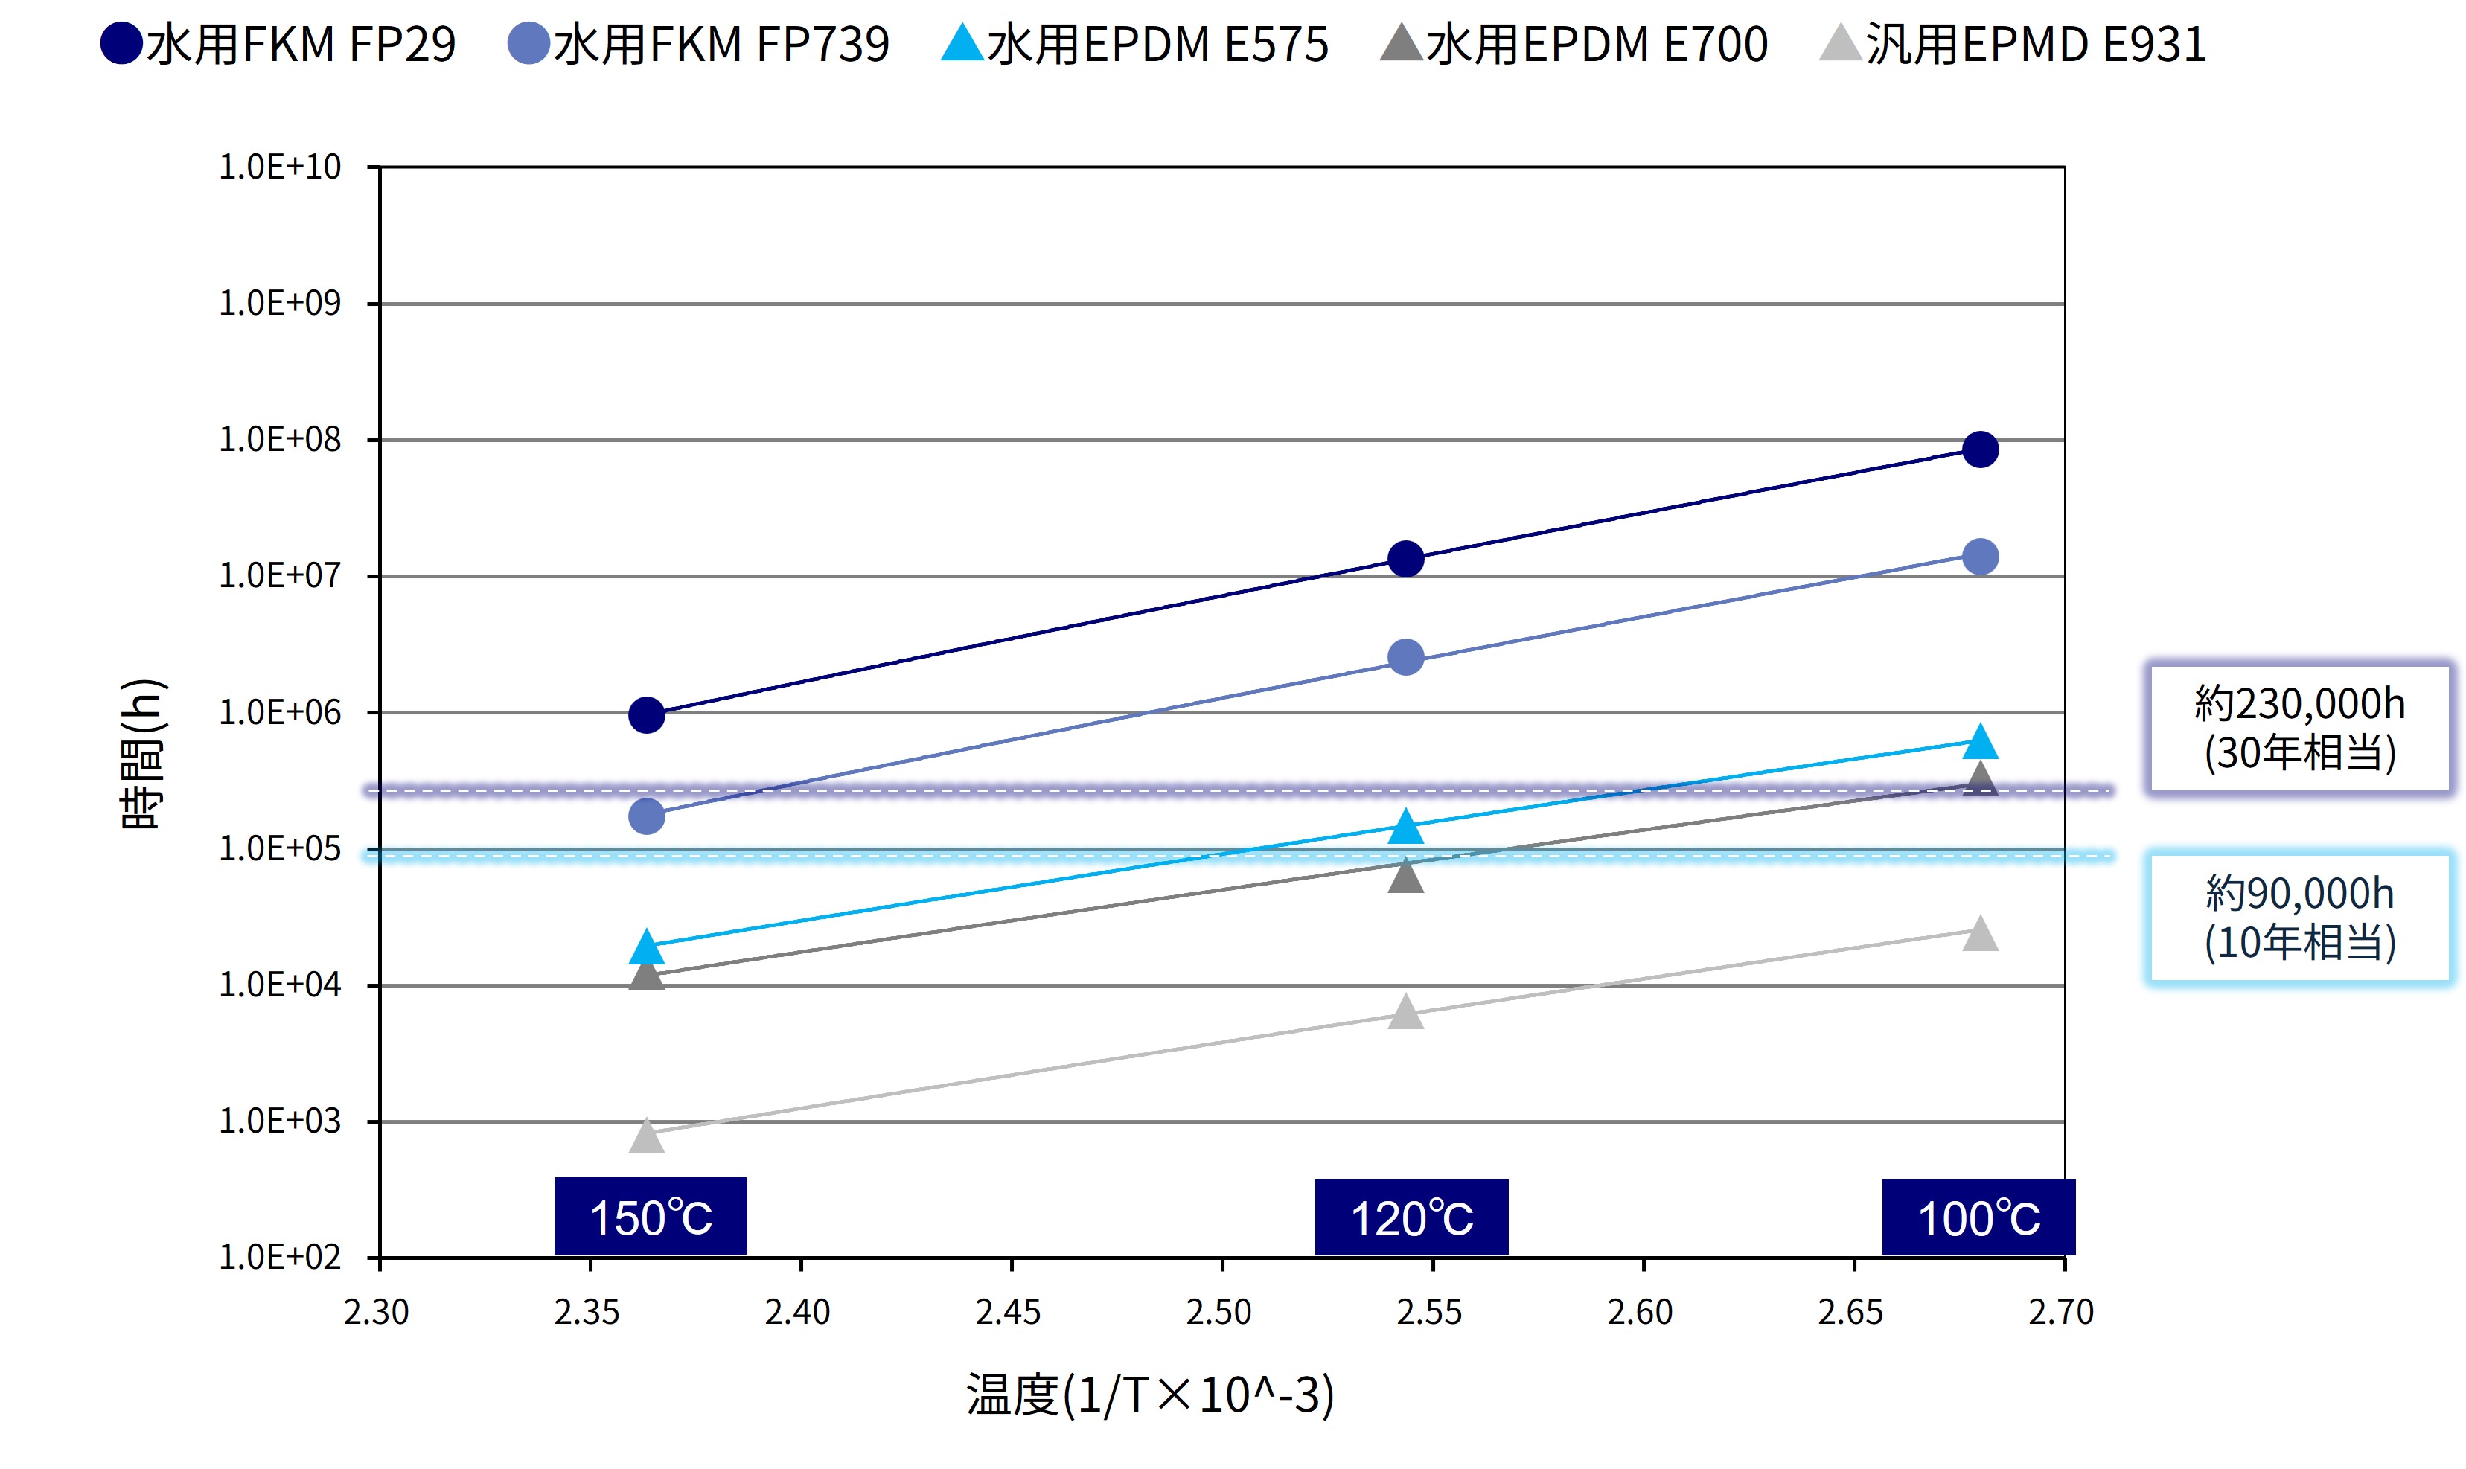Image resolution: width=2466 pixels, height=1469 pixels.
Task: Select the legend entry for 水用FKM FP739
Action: pos(698,45)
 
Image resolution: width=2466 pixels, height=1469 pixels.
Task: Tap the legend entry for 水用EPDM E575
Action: pos(1134,45)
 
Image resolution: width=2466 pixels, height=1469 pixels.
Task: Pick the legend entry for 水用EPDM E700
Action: pos(1574,45)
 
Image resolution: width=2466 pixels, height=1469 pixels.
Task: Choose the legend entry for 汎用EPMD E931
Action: pos(2013,45)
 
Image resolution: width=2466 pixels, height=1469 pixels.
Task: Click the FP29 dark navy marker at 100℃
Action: pos(1979,449)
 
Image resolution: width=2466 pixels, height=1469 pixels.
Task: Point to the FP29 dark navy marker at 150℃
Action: pos(646,714)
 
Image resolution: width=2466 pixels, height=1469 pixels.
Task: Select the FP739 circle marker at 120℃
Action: pos(1406,657)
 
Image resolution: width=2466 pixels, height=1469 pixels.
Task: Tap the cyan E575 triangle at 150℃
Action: pos(646,947)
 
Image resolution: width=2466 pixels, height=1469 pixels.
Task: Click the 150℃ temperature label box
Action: pos(651,1217)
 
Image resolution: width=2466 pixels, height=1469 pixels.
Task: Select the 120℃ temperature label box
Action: pos(1411,1217)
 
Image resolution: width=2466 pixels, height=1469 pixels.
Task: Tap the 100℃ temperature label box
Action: pos(1978,1217)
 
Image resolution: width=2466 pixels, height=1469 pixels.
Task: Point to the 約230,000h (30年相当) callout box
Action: pos(2299,728)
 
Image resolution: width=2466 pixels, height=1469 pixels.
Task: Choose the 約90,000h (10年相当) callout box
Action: pos(2299,918)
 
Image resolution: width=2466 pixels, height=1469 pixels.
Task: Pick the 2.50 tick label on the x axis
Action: pos(1218,1313)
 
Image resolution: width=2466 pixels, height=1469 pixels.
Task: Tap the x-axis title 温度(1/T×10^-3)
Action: pos(1150,1395)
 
